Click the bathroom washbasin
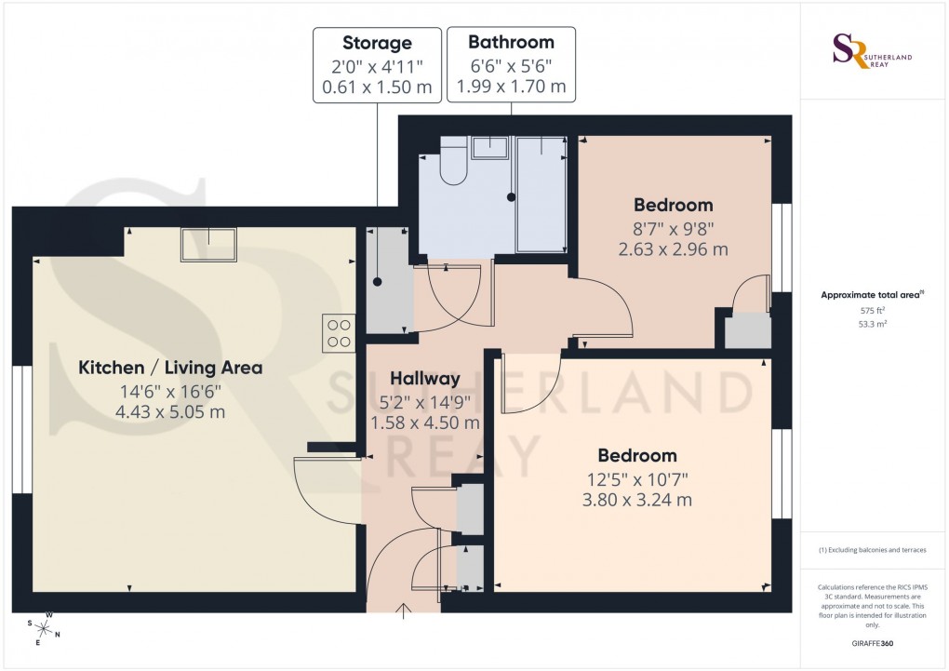pyautogui.click(x=489, y=148)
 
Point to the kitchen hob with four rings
pyautogui.click(x=338, y=332)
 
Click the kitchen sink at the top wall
pyautogui.click(x=209, y=244)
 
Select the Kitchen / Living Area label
pyautogui.click(x=170, y=368)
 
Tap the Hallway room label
pyautogui.click(x=425, y=379)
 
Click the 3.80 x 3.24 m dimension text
pyautogui.click(x=636, y=500)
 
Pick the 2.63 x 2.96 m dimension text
pyautogui.click(x=673, y=248)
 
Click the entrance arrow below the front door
pyautogui.click(x=405, y=611)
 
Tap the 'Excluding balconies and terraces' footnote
pyautogui.click(x=873, y=550)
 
